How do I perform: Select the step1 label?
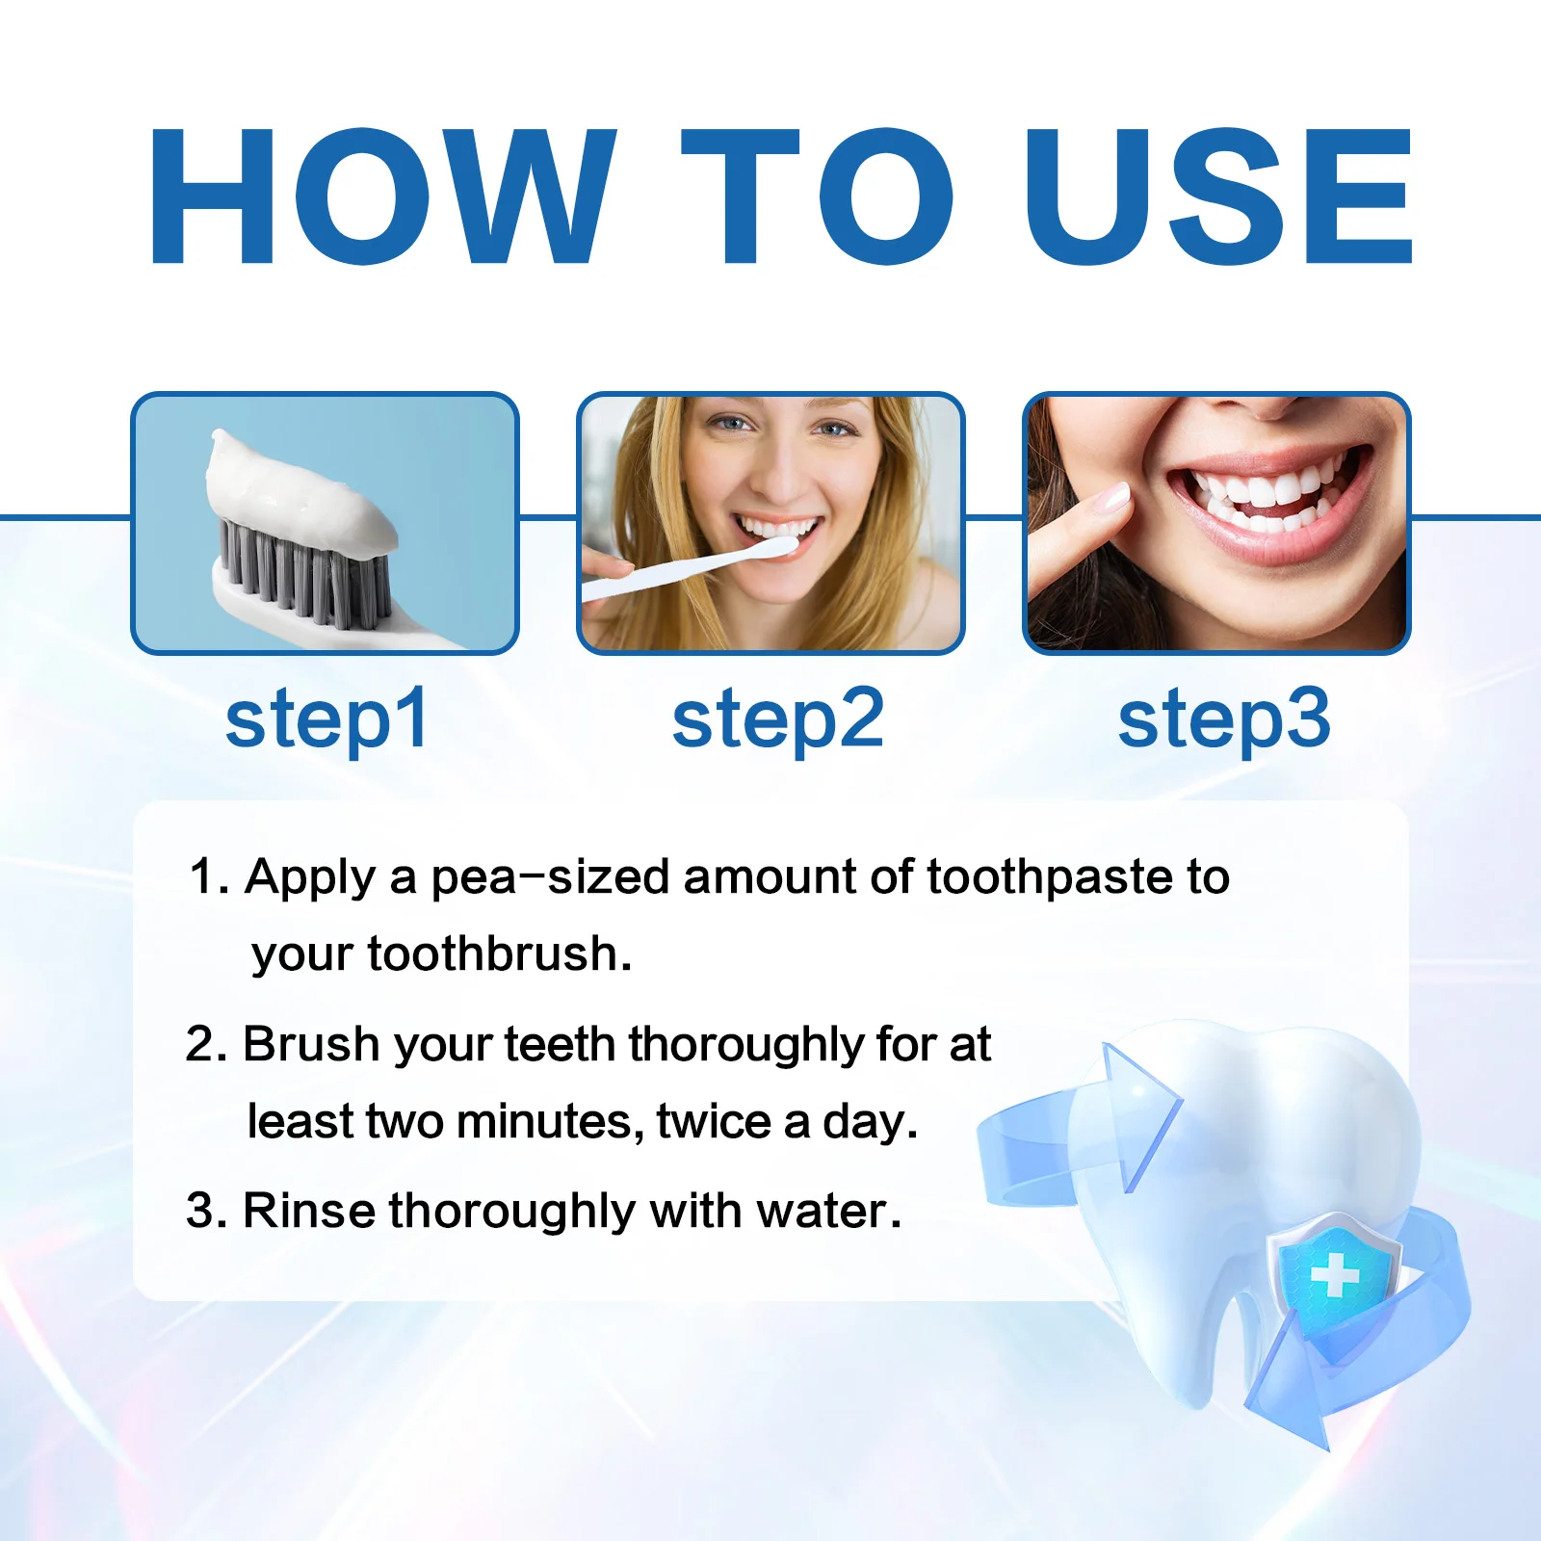pos(326,719)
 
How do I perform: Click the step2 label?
pos(777,719)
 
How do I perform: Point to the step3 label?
pos(1224,719)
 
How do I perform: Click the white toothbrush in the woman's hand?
pos(674,572)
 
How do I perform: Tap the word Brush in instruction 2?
pos(310,1044)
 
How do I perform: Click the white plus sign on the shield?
pos(1335,1277)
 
